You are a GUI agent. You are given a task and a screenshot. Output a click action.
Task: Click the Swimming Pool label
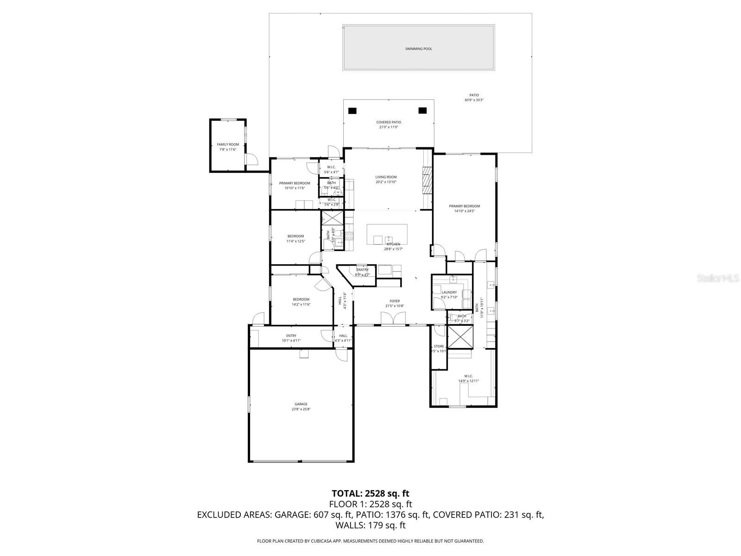tap(418, 49)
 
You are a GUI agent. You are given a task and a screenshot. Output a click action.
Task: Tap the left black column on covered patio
tap(352, 111)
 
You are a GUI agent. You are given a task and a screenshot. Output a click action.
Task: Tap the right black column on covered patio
tap(422, 110)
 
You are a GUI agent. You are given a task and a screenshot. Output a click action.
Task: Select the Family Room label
tap(228, 145)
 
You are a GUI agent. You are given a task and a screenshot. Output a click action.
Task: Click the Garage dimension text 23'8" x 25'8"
tap(301, 409)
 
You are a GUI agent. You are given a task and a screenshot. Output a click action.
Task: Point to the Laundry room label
tap(449, 292)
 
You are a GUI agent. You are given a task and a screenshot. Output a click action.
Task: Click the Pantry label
tap(362, 270)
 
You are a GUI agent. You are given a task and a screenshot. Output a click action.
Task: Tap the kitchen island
tap(387, 234)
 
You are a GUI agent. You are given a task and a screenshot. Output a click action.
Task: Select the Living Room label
tap(386, 177)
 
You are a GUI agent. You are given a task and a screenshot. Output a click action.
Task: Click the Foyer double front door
tap(392, 319)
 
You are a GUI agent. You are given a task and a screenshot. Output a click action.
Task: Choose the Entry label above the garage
tap(291, 336)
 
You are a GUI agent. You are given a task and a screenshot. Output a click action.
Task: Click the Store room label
tap(439, 346)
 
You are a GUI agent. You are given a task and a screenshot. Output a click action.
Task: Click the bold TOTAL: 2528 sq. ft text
tap(370, 493)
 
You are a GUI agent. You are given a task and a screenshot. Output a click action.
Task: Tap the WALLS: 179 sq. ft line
tap(370, 525)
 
